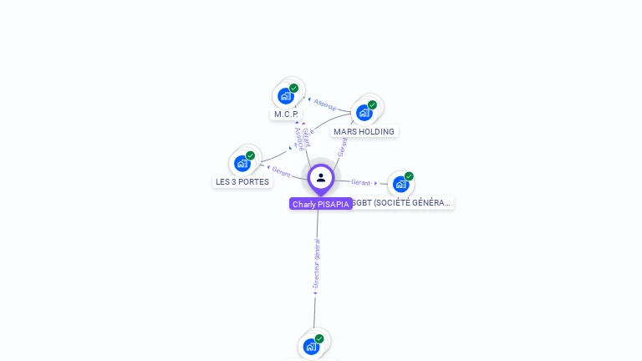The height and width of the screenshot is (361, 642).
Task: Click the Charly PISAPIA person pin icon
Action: (x=321, y=177)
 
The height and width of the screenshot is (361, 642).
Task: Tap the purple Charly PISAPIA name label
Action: (x=321, y=204)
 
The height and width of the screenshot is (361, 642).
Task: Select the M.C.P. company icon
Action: (x=286, y=96)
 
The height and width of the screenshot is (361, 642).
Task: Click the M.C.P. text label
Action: (x=286, y=114)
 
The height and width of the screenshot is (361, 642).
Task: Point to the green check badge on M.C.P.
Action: (x=294, y=88)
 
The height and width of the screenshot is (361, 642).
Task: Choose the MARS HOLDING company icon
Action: (x=364, y=112)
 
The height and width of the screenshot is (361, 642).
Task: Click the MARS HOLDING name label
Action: (x=364, y=131)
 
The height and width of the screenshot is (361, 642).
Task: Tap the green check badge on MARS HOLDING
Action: (x=372, y=104)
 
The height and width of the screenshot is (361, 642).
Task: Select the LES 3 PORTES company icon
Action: (x=242, y=163)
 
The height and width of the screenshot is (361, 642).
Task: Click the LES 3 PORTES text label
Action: (x=242, y=181)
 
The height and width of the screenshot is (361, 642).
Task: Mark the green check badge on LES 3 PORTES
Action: (x=251, y=155)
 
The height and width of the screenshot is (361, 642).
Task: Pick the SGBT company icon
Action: (x=401, y=184)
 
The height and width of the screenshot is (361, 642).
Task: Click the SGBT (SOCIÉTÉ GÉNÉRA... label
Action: (x=402, y=202)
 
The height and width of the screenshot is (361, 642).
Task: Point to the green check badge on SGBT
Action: (x=409, y=176)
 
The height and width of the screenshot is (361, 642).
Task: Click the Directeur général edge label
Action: (x=316, y=264)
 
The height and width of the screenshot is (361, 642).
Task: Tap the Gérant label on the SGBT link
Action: (x=361, y=182)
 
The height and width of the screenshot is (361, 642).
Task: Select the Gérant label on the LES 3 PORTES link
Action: (x=281, y=171)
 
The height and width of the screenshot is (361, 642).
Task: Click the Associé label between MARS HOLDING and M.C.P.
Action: (x=324, y=106)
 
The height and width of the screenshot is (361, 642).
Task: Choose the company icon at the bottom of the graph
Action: (x=312, y=346)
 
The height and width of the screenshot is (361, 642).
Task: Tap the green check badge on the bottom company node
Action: (x=319, y=338)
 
